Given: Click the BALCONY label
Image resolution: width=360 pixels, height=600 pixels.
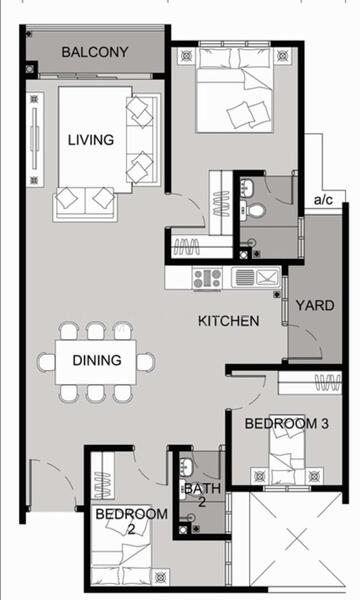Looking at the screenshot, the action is (x=95, y=52).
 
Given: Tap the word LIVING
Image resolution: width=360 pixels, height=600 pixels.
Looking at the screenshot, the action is (x=91, y=140).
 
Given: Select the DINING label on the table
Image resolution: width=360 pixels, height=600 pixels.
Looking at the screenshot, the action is (x=97, y=360).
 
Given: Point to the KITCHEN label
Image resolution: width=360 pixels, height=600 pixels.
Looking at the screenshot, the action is (x=228, y=321).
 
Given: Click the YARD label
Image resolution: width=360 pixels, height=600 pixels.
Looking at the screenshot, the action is (x=315, y=305).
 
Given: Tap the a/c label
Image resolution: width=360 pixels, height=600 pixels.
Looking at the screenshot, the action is (x=323, y=199).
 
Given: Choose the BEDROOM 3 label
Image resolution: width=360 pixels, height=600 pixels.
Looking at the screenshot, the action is (x=287, y=424).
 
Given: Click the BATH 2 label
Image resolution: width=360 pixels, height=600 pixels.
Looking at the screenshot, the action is (x=202, y=495).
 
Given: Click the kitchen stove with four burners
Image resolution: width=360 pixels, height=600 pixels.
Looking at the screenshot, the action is (x=207, y=278).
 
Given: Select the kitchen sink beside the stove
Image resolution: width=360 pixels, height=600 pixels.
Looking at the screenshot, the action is (x=256, y=277).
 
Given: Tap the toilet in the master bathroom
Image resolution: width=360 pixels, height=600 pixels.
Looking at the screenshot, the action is (x=254, y=210).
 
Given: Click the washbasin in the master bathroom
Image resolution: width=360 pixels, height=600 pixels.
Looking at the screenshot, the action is (x=246, y=188).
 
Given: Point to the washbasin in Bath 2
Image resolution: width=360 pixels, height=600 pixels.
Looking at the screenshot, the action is (x=186, y=465).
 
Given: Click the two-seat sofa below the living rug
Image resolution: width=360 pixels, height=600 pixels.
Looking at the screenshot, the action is (x=85, y=204).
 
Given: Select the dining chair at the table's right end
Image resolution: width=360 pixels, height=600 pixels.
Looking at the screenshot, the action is (x=146, y=362).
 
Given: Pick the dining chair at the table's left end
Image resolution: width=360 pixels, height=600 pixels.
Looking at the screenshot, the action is (x=46, y=362).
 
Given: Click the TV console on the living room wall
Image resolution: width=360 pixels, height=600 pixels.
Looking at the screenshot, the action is (x=34, y=140).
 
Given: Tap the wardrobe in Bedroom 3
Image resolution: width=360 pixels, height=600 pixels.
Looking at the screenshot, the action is (x=310, y=383).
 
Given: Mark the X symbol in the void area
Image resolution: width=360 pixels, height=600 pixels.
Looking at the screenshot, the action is (x=297, y=540).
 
